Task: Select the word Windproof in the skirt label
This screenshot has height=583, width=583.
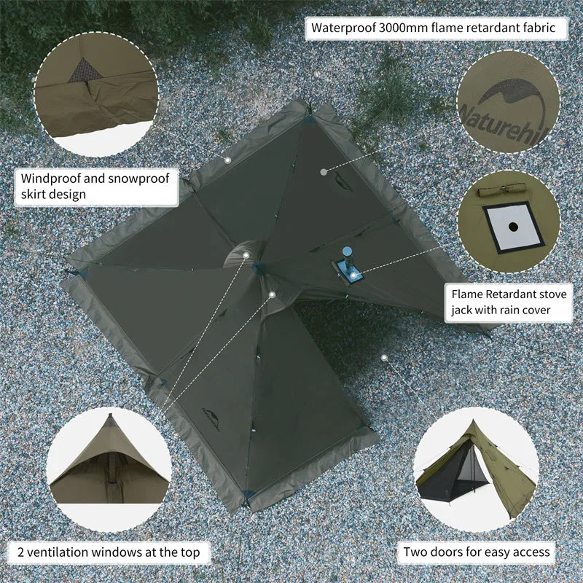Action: click(50, 179)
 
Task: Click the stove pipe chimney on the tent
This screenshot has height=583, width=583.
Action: click(348, 257)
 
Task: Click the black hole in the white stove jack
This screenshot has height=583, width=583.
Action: click(513, 226)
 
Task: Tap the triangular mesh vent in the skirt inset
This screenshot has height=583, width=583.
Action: click(85, 70)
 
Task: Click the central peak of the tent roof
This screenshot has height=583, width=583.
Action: click(258, 267)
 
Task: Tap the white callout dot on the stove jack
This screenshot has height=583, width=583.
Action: click(353, 275)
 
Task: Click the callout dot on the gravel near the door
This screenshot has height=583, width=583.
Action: click(385, 358)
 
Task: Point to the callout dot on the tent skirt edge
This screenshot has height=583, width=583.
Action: click(227, 160)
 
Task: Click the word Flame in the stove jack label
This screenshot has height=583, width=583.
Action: click(467, 294)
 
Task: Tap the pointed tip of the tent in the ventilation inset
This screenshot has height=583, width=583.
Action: click(110, 415)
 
